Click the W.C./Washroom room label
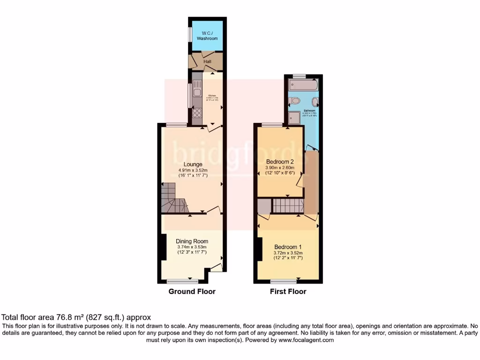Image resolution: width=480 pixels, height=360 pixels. pos(207,36)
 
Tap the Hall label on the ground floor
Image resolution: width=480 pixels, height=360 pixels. pos(207,61)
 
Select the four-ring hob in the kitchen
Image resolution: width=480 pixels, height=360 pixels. pos(197,112)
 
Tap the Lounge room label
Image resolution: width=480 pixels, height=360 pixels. pos(193,164)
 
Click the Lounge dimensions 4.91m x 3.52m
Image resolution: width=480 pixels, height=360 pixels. pos(193,170)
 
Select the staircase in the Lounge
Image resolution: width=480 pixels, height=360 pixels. pos(174,197)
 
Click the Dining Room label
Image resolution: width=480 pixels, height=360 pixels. pos(192,241)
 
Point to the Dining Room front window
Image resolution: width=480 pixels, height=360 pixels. pos(182,282)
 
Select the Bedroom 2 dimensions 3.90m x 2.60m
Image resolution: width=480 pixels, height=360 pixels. pos(280,167)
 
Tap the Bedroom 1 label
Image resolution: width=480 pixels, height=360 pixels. pos(288,247)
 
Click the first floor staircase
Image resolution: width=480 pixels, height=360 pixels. pos(287,205)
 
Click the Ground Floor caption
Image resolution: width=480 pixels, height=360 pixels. pos(192,292)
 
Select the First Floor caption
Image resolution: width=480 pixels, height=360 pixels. pos(288,292)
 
